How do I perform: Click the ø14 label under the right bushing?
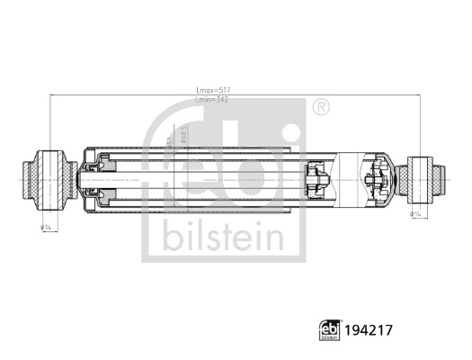pyautogui.click(x=418, y=214)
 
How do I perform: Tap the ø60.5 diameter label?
pyautogui.click(x=183, y=135)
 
